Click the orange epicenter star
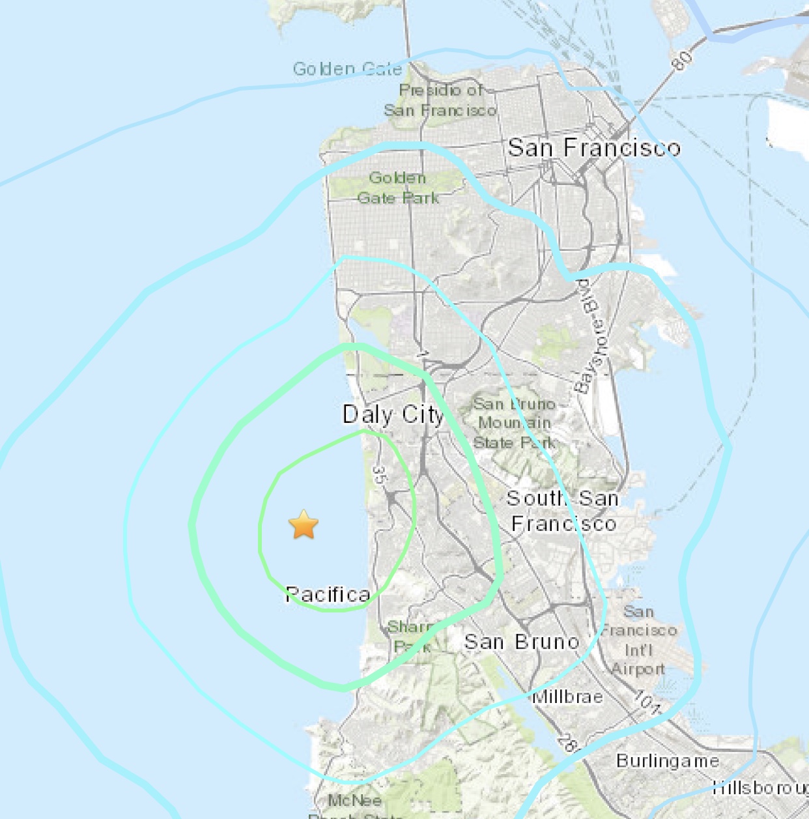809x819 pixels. pyautogui.click(x=304, y=525)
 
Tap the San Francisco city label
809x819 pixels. pyautogui.click(x=593, y=148)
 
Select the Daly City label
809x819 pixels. pyautogui.click(x=393, y=414)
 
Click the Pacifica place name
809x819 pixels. pyautogui.click(x=328, y=594)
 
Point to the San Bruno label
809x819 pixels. pyautogui.click(x=521, y=642)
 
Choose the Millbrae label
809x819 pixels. pyautogui.click(x=567, y=697)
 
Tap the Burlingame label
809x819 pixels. pyautogui.click(x=667, y=761)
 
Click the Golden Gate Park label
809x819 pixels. pyautogui.click(x=398, y=188)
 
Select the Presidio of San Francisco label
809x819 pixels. pyautogui.click(x=440, y=100)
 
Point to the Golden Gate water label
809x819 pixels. pyautogui.click(x=347, y=69)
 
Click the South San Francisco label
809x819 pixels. pyautogui.click(x=563, y=511)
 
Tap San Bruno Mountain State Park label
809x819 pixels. pyautogui.click(x=514, y=424)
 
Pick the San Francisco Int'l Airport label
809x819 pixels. pyautogui.click(x=638, y=640)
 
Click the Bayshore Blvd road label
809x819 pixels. pyautogui.click(x=591, y=336)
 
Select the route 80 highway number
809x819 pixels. pyautogui.click(x=681, y=61)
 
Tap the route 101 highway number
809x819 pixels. pyautogui.click(x=647, y=702)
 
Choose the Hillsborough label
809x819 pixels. pyautogui.click(x=759, y=788)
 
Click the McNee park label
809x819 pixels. pyautogui.click(x=354, y=801)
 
